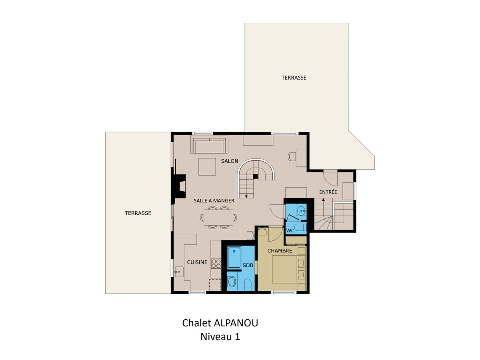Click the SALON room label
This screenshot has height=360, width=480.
(x=229, y=161)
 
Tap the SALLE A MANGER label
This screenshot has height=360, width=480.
(x=214, y=201)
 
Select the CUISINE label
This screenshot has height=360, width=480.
(x=197, y=262)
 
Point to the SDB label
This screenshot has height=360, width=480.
(x=248, y=265)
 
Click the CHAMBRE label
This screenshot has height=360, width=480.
(x=280, y=251)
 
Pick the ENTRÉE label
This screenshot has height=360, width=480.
(x=328, y=192)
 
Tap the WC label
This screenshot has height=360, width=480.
(x=290, y=231)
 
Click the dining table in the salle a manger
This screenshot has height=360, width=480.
(x=218, y=218)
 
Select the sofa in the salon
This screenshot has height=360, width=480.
(x=209, y=144)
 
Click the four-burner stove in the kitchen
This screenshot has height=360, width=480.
(x=216, y=264)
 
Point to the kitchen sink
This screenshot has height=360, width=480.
(x=179, y=272)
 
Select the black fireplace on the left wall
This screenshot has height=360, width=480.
(x=179, y=186)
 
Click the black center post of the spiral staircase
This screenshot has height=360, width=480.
(x=255, y=176)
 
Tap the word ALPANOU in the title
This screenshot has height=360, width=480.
(x=236, y=323)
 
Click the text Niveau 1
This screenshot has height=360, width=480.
(x=220, y=337)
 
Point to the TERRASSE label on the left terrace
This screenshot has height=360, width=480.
(x=138, y=213)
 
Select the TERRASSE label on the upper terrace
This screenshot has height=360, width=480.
(x=294, y=78)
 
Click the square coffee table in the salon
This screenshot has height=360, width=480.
(x=207, y=167)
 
